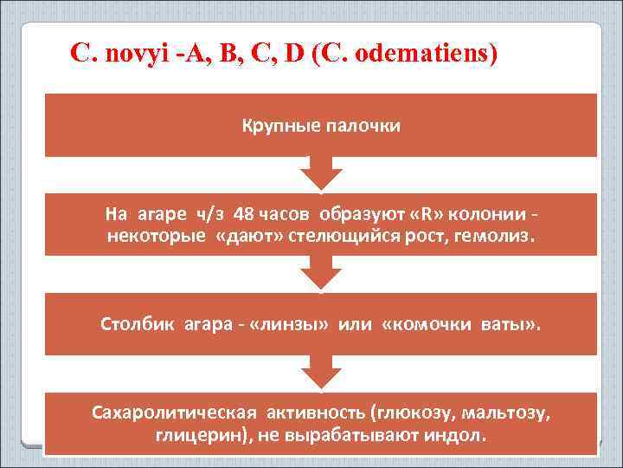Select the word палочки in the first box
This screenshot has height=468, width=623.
coord(363,127)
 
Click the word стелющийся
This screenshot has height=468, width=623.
coord(330,236)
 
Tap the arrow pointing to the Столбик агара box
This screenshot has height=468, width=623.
coord(320,274)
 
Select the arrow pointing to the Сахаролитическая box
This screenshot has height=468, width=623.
coord(320,374)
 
